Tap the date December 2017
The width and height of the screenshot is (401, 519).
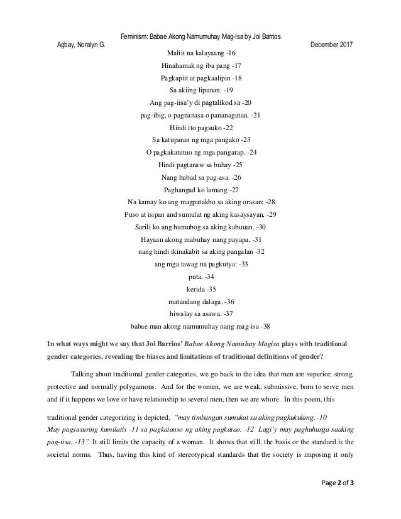coord(332,46)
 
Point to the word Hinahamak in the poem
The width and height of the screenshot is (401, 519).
coord(180,66)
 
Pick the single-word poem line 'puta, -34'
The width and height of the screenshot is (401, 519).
coord(200,276)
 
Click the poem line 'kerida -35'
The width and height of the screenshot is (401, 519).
coord(200,288)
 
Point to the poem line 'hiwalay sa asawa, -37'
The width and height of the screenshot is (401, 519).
coord(200,313)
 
